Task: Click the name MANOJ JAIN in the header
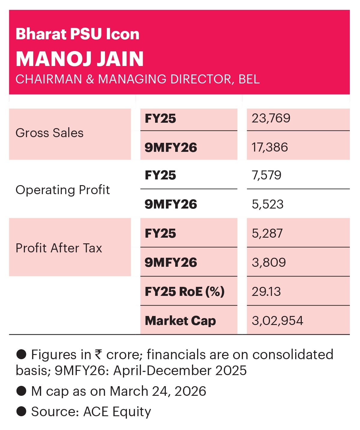(x=79, y=59)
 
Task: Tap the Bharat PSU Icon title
(x=77, y=34)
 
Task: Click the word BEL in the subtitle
(x=249, y=79)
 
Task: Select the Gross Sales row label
(x=49, y=133)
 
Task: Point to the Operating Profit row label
(x=63, y=190)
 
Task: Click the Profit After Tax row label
(x=59, y=248)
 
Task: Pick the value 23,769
(x=271, y=118)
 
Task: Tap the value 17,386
(x=270, y=147)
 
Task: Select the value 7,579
(x=266, y=175)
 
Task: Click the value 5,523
(x=268, y=204)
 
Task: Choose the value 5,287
(x=267, y=233)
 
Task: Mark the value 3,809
(x=269, y=263)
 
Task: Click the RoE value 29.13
(x=266, y=292)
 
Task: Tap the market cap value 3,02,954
(x=277, y=321)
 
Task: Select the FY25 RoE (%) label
(x=184, y=292)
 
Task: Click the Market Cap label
(x=180, y=321)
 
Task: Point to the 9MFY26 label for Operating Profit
(x=171, y=204)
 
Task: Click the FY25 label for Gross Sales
(x=160, y=119)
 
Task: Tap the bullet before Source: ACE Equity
(x=21, y=411)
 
